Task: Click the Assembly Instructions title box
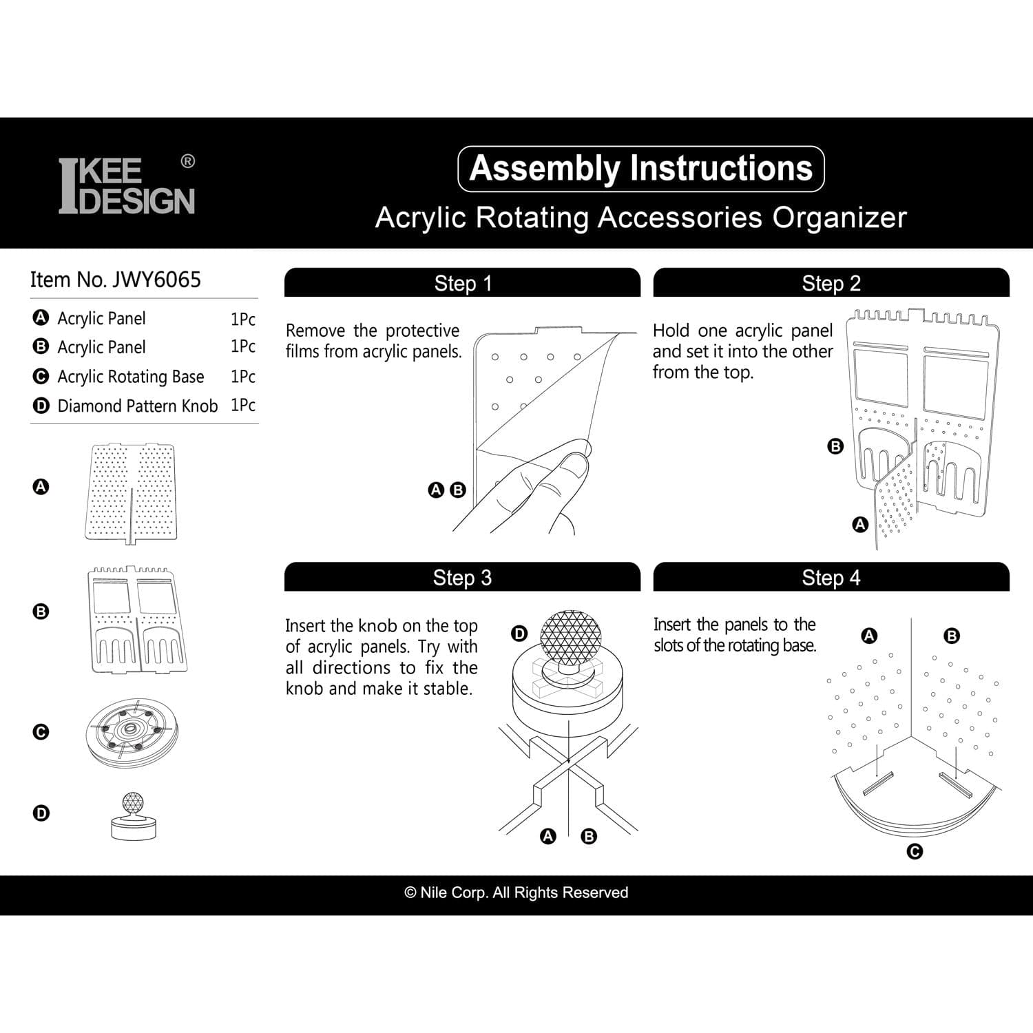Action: (x=640, y=169)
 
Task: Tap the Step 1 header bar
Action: (x=462, y=283)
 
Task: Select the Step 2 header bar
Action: (x=831, y=283)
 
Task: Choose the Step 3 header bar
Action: (x=462, y=577)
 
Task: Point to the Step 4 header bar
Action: (x=831, y=577)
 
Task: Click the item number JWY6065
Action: (x=116, y=280)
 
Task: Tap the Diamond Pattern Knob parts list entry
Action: (x=137, y=406)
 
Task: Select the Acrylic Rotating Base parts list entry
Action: (x=130, y=377)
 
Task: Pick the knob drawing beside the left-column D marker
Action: (x=134, y=816)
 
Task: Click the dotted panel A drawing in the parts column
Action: (x=130, y=492)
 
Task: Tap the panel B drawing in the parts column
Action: (x=137, y=620)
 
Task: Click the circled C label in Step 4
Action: (x=915, y=852)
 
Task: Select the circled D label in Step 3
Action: (x=519, y=634)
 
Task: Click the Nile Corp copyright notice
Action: (x=516, y=893)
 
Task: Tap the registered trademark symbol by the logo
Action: (x=187, y=161)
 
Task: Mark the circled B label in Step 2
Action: (x=835, y=446)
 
